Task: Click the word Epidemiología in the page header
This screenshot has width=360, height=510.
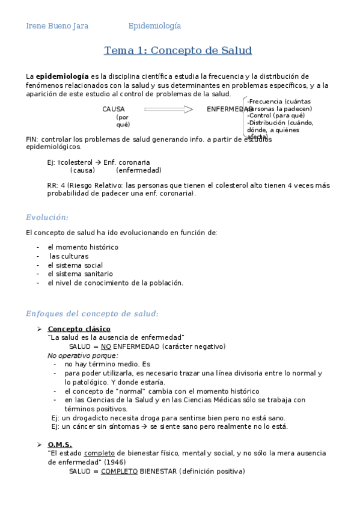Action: point(154,26)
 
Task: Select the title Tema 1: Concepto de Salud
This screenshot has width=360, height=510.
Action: point(178,51)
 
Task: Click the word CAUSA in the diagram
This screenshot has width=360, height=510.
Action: point(114,109)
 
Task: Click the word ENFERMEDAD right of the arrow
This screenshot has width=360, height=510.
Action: point(229,109)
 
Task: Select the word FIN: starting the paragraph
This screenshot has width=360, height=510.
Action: point(32,139)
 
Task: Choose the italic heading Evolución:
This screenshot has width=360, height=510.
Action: point(47,217)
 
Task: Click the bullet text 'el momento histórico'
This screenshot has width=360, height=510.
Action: point(83,247)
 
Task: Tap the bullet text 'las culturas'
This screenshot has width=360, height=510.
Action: point(69,256)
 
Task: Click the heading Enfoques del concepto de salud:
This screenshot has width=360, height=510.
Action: point(92,313)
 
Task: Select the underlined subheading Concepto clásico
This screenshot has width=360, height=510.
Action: point(79,329)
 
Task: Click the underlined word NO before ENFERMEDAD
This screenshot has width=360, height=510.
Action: point(106,346)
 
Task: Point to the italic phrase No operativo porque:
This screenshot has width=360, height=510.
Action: point(83,355)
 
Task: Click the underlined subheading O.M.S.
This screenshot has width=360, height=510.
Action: point(59,444)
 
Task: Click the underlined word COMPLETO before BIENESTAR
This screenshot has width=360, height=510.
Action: point(119,472)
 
